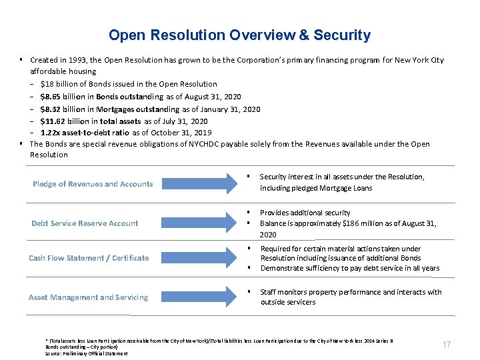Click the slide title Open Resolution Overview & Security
click(239, 35)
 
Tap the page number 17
click(447, 345)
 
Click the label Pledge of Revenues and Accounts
click(93, 184)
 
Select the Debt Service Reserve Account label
click(85, 223)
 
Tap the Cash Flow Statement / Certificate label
click(89, 258)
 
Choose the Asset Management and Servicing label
click(89, 297)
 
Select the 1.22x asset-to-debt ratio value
click(51, 133)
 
